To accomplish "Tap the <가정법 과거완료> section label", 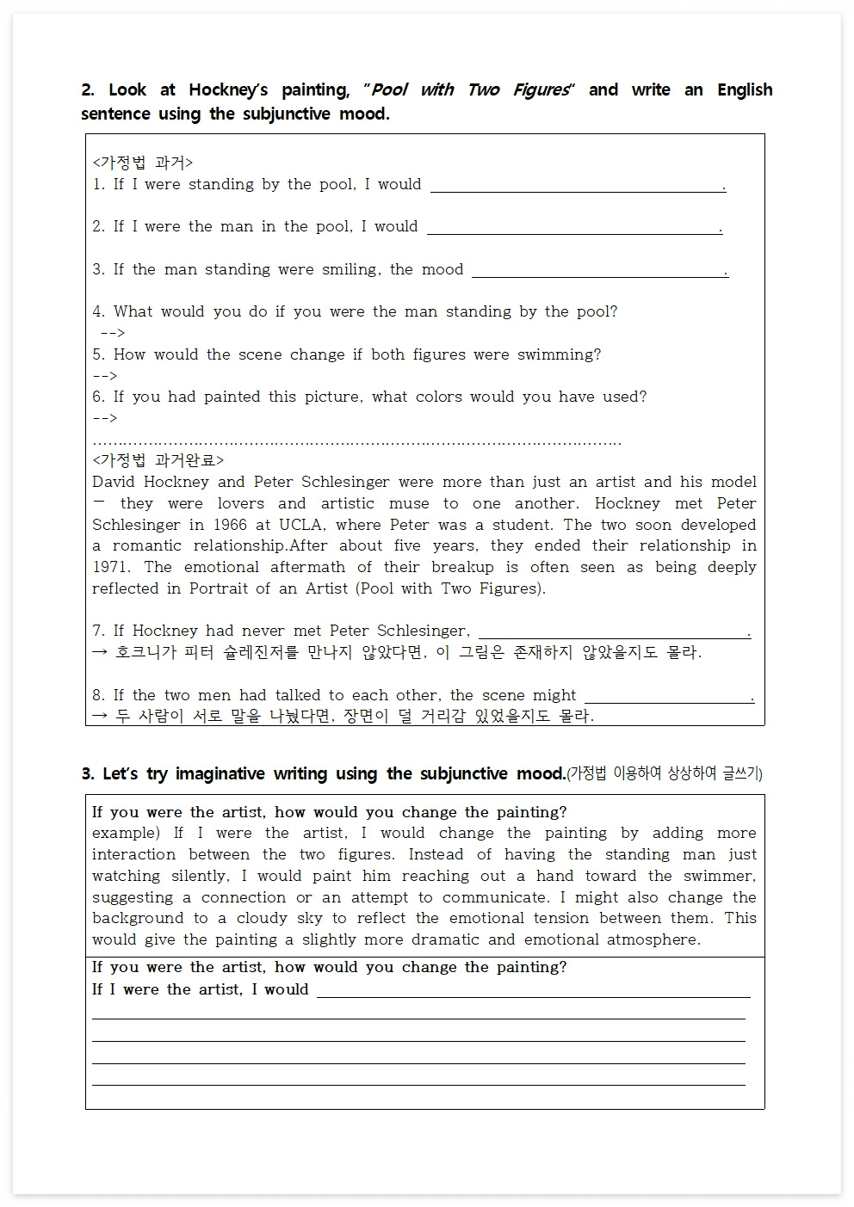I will pos(158,460).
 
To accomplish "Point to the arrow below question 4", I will pos(113,333).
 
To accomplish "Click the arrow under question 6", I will pos(104,418).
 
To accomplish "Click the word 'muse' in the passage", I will pos(408,503).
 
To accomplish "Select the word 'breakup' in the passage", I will pos(462,567).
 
